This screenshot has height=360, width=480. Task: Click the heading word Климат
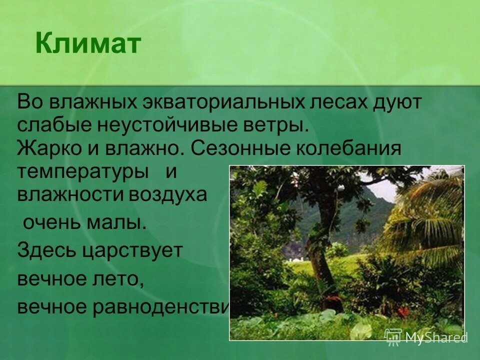click(x=88, y=44)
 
